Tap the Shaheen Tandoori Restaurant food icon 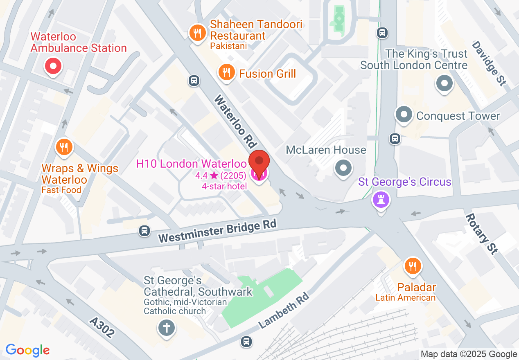tap(199, 33)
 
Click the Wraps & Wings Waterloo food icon tap(63, 146)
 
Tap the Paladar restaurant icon tap(412, 266)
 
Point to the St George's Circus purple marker tap(381, 200)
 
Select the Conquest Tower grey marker tap(404, 115)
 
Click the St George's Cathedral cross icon tap(166, 328)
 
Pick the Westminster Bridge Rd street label tap(218, 232)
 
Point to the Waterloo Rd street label tap(235, 122)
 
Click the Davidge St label tap(489, 63)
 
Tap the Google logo tap(27, 351)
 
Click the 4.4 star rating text tap(221, 176)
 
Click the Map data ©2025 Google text tap(469, 354)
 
